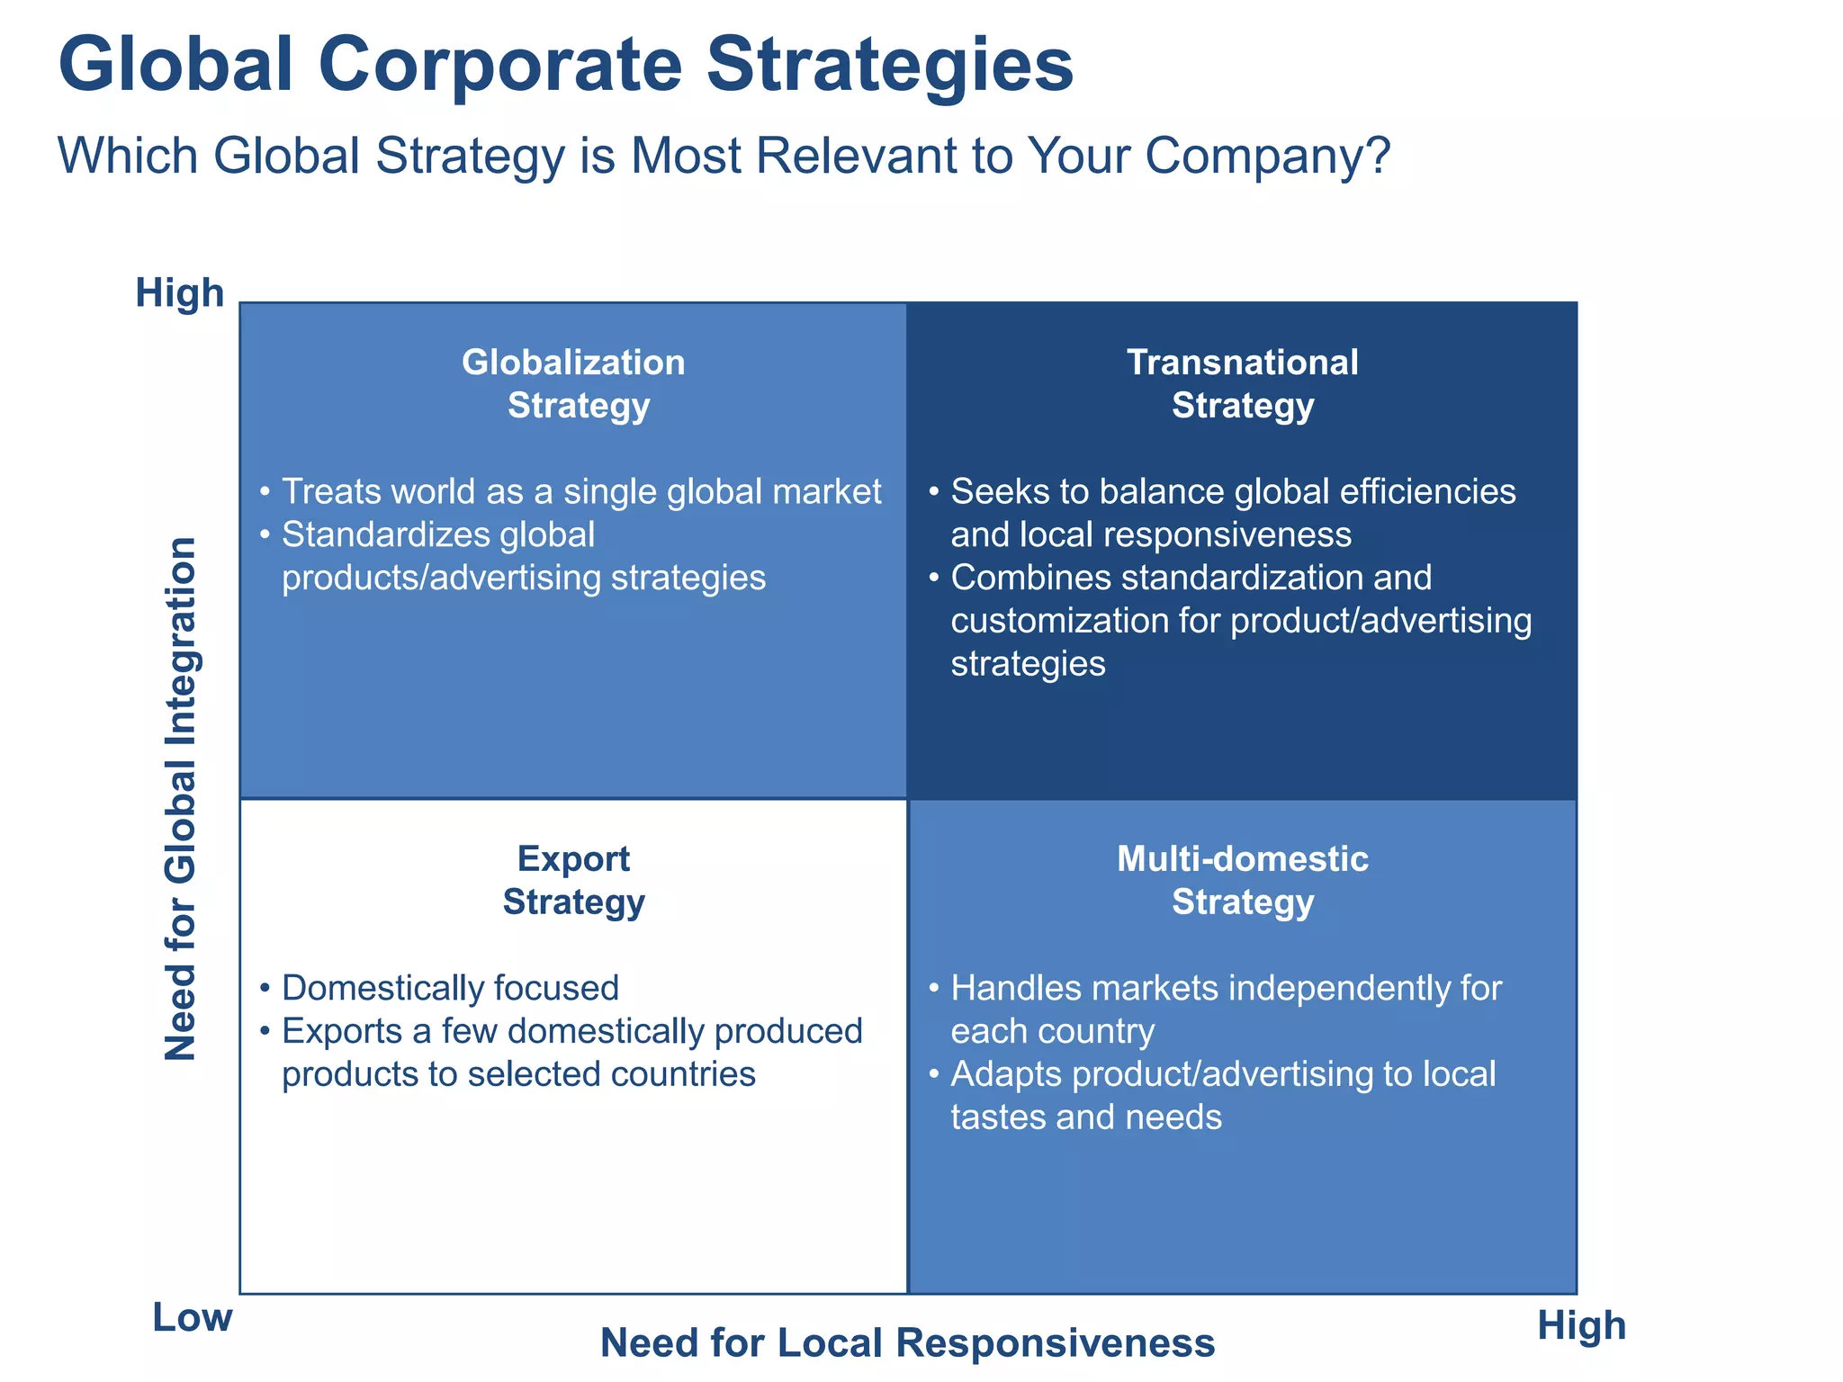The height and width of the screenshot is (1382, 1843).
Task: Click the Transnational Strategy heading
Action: click(x=1243, y=384)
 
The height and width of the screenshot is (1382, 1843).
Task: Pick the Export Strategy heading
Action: click(x=573, y=881)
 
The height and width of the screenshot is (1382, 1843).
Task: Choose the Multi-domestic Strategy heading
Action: click(x=1243, y=881)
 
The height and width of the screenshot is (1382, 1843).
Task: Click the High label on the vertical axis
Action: click(x=179, y=293)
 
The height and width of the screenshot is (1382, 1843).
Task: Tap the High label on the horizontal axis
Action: click(x=1581, y=1325)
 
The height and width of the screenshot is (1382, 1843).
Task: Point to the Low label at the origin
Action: click(x=192, y=1317)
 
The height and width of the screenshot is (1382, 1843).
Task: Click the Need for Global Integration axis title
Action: click(x=181, y=799)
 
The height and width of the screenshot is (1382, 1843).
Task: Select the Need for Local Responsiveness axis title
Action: click(x=907, y=1343)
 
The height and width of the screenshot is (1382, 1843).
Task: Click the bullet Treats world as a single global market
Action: click(x=581, y=492)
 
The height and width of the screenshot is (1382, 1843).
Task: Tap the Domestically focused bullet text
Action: click(x=450, y=988)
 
